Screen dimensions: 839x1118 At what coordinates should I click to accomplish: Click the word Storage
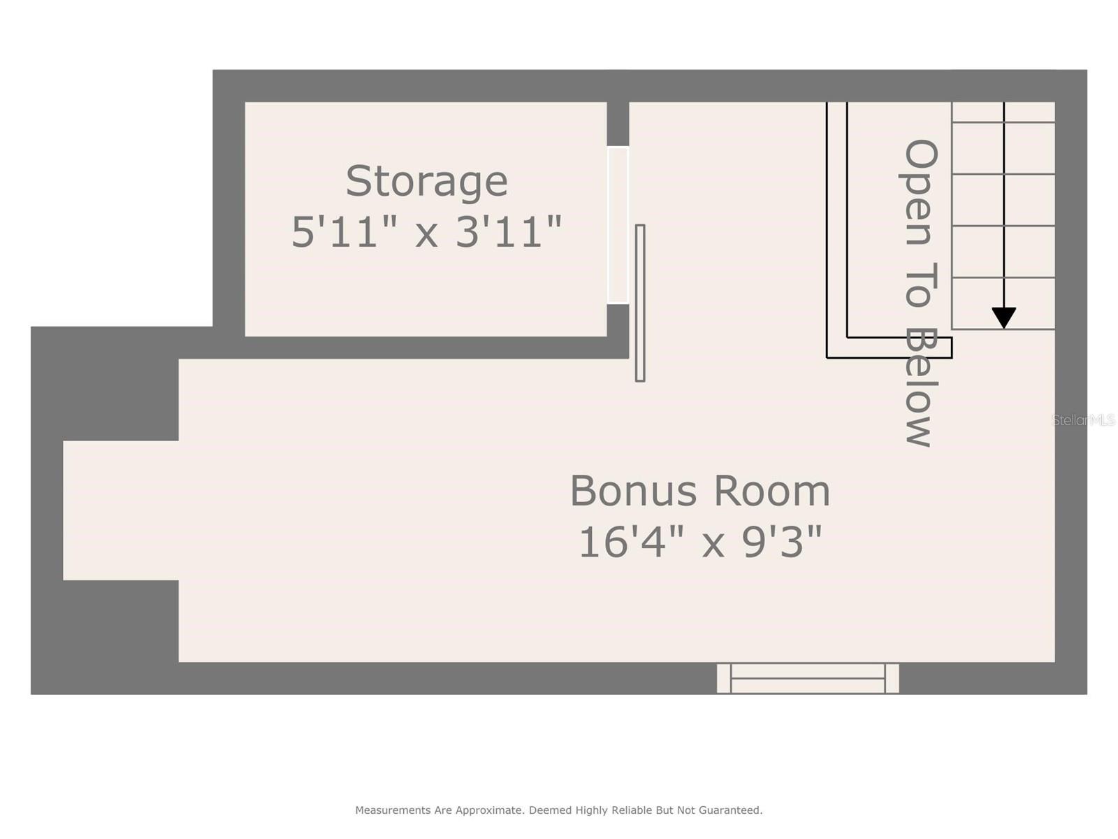pos(426,182)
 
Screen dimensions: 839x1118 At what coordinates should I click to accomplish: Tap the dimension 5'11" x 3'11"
pos(426,232)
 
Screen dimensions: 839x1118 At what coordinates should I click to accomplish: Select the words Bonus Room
pos(700,491)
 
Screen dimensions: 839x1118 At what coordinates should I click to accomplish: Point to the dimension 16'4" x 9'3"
pos(700,542)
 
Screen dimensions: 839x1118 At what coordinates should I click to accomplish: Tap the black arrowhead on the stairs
pos(1003,317)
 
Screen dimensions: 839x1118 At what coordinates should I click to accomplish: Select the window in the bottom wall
pos(808,678)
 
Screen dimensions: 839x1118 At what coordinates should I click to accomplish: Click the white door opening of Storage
pos(618,225)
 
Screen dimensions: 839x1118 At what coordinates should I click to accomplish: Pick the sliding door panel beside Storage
pos(640,303)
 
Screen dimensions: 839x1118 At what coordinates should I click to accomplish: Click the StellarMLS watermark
pos(1083,420)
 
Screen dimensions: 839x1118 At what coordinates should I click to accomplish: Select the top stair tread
pos(1003,113)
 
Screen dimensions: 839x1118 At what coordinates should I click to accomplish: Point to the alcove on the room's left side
pos(120,510)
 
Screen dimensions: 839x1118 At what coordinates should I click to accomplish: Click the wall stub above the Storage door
pos(618,124)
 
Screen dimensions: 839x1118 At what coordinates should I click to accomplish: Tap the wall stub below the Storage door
pos(618,321)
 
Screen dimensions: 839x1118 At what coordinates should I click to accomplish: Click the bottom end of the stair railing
pos(889,347)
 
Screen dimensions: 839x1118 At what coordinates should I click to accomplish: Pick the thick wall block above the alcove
pos(105,383)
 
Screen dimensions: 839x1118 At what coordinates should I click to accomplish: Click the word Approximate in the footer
pos(488,810)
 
